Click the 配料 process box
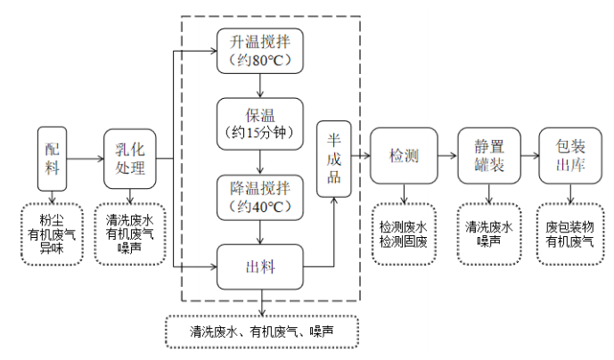[x=51, y=158]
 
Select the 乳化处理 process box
[x=130, y=158]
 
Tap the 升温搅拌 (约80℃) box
[x=259, y=52]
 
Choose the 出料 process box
[x=259, y=266]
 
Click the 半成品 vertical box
[x=335, y=158]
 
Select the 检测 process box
[x=405, y=158]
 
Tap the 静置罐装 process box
[x=487, y=158]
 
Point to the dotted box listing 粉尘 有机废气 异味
[x=51, y=233]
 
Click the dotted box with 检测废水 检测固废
[x=405, y=233]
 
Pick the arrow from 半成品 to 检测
[x=360, y=158]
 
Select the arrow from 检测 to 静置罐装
[x=448, y=158]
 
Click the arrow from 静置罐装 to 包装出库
[x=528, y=158]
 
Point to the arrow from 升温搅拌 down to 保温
[x=259, y=86]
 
